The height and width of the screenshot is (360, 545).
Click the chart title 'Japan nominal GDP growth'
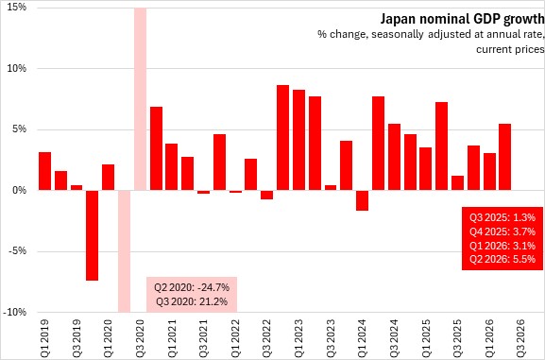462,19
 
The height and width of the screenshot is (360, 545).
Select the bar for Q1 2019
44,171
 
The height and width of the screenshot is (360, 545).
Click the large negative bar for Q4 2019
93,235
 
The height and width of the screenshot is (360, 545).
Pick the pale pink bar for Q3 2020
140,99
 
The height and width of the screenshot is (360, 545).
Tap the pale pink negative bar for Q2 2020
124,251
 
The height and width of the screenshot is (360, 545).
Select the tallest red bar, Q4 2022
283,137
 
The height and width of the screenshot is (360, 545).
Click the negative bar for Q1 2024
362,200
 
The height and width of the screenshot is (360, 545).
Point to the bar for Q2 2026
505,157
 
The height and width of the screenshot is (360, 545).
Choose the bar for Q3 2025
457,183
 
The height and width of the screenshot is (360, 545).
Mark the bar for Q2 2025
441,146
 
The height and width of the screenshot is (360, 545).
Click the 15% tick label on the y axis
17,8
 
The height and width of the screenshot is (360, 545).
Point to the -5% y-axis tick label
17,251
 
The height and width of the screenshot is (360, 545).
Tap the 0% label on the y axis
20,190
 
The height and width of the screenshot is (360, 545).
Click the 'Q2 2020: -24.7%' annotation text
192,287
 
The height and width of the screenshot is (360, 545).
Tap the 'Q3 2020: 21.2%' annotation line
192,301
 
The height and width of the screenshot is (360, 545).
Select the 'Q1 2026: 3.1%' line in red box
502,246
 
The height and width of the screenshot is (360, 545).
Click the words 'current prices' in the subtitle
510,49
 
